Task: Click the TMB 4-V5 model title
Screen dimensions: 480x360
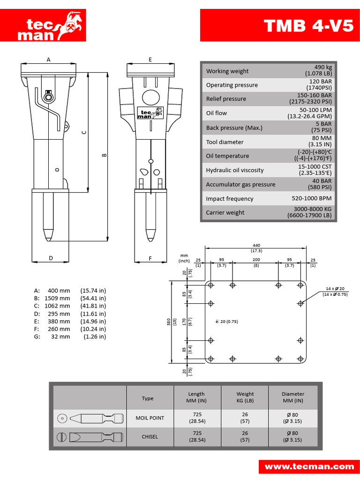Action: (308, 25)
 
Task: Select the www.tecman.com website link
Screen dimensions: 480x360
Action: (309, 466)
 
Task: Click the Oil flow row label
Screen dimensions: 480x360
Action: (217, 113)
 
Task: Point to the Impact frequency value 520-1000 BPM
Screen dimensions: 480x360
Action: (309, 198)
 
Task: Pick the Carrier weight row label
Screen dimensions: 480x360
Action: (225, 212)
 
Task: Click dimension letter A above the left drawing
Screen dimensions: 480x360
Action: (48, 60)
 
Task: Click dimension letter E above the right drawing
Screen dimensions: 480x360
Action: (150, 60)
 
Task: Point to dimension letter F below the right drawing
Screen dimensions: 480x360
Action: (150, 258)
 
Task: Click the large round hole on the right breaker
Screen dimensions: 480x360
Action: (150, 97)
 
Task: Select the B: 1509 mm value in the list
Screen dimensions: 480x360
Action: (57, 298)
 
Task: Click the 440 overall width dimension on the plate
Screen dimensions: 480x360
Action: (256, 245)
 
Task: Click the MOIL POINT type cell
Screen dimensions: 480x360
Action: (150, 418)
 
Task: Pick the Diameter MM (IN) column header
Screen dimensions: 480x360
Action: (292, 397)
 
